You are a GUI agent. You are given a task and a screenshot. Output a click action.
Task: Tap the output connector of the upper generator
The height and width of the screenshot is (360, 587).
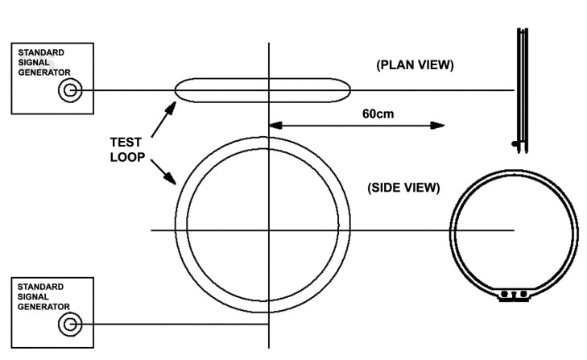(70, 90)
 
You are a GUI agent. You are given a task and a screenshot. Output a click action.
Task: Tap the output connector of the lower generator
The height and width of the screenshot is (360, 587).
(70, 325)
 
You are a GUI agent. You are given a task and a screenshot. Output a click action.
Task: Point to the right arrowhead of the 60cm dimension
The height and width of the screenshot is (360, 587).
(438, 125)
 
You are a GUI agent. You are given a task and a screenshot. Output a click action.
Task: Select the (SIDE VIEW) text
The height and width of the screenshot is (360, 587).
(403, 188)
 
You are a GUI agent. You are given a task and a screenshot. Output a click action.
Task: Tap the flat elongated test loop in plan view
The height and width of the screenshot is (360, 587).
(262, 89)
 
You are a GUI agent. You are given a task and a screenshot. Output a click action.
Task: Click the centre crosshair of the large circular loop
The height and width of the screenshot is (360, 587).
(267, 231)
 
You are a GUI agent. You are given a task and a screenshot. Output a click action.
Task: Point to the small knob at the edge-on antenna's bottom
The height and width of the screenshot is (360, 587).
(515, 144)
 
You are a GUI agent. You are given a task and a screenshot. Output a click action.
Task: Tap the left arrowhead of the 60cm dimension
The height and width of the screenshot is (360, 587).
(273, 125)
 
